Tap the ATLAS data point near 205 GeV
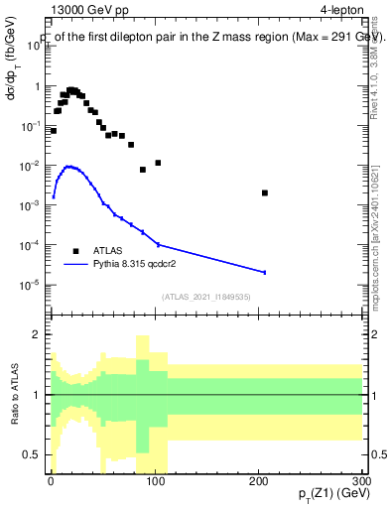[264, 192]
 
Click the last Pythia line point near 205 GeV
[264, 272]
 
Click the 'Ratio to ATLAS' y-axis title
[13, 394]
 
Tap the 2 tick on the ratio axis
[41, 334]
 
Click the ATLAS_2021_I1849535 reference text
[204, 296]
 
